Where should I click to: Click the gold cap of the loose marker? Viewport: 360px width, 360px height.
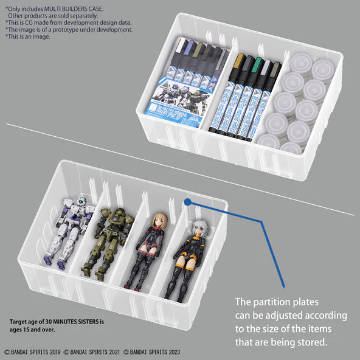click(x=238, y=60)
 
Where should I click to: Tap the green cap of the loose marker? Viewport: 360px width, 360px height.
click(x=258, y=63)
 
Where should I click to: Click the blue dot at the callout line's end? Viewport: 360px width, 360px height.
click(x=188, y=201)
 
